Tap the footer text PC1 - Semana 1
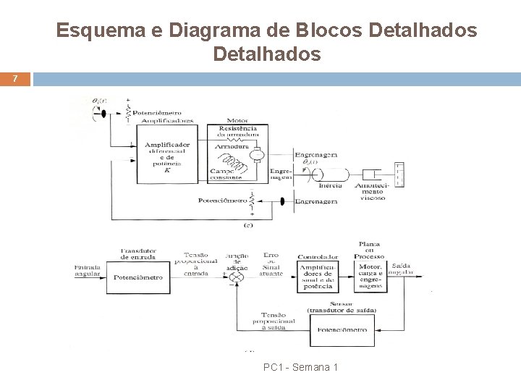click(300, 367)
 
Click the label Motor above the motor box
click(238, 121)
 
